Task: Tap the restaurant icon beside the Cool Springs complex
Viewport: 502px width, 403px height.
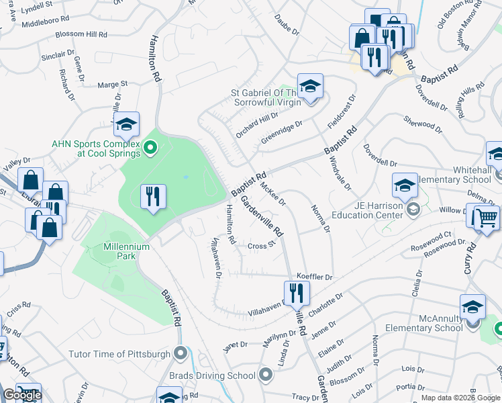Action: [154, 197]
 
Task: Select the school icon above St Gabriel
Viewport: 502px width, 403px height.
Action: [310, 86]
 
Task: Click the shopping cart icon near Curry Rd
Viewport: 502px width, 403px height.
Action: [487, 218]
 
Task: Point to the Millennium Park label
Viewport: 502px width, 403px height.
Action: [126, 247]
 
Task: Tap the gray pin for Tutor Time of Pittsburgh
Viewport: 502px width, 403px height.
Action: [180, 353]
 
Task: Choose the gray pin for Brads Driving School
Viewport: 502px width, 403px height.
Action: [266, 375]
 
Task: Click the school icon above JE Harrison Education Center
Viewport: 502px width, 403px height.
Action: [405, 185]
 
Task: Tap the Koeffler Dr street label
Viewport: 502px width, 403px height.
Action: [315, 277]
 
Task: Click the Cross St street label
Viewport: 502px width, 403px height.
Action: [262, 245]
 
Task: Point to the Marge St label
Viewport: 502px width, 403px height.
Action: [112, 85]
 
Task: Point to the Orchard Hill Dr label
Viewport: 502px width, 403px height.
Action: [256, 125]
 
